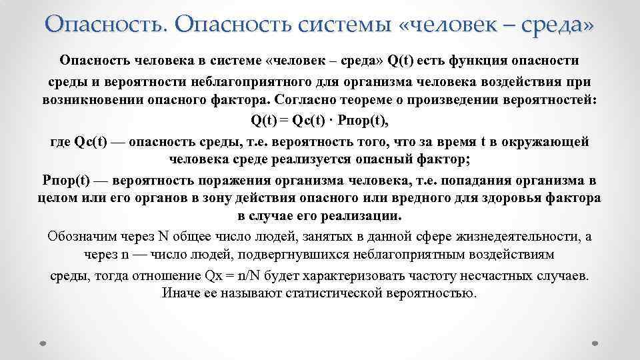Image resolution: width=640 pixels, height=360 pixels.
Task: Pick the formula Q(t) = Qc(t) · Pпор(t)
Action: (x=319, y=121)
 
